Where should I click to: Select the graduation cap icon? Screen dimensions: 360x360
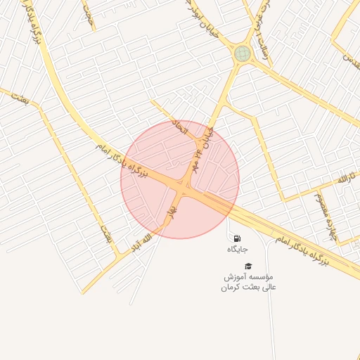pos(247,266)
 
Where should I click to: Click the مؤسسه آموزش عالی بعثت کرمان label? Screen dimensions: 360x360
pos(249,282)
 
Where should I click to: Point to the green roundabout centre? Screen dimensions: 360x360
pos(243,53)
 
